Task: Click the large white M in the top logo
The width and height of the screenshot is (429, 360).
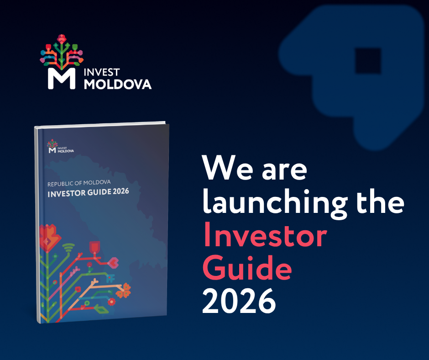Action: (x=62, y=79)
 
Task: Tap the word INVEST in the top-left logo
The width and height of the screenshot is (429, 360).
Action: (x=101, y=72)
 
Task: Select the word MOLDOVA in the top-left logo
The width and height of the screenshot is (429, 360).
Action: (x=118, y=85)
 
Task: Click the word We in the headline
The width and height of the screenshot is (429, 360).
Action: (x=228, y=168)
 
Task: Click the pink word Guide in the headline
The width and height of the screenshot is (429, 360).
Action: (x=247, y=267)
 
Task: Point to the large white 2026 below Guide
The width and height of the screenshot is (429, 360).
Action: (x=239, y=301)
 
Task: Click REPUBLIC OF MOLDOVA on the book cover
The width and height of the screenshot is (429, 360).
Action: (x=79, y=183)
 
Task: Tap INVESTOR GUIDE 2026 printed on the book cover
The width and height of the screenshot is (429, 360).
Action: (x=88, y=192)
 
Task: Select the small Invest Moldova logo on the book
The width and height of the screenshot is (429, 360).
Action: (x=60, y=146)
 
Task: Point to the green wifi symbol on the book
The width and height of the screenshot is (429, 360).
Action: (x=68, y=248)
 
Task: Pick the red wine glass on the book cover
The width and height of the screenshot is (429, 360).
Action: (x=94, y=248)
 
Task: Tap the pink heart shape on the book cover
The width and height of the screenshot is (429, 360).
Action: (x=114, y=263)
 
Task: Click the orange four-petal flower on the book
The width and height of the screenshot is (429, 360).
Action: (x=124, y=291)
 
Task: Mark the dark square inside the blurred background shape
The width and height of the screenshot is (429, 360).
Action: (x=368, y=61)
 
